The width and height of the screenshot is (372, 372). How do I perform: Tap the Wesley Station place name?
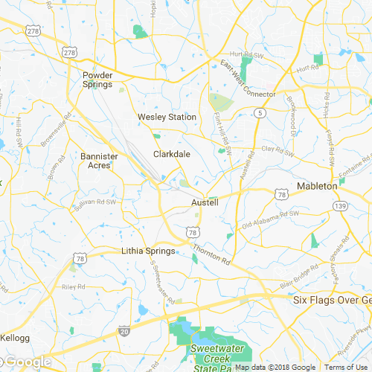(167, 117)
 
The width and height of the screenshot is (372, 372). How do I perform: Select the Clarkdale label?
(172, 154)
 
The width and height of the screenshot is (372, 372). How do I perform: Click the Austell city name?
(205, 202)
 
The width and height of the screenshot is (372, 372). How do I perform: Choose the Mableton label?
(317, 186)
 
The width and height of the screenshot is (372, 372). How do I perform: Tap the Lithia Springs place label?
(148, 251)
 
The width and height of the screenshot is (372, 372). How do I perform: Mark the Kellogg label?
(14, 338)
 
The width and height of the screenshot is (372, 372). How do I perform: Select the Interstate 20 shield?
(124, 330)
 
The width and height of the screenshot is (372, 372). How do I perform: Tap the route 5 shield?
(259, 112)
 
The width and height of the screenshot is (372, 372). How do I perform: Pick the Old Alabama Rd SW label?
(270, 218)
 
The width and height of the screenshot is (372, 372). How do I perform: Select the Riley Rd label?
(74, 286)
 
